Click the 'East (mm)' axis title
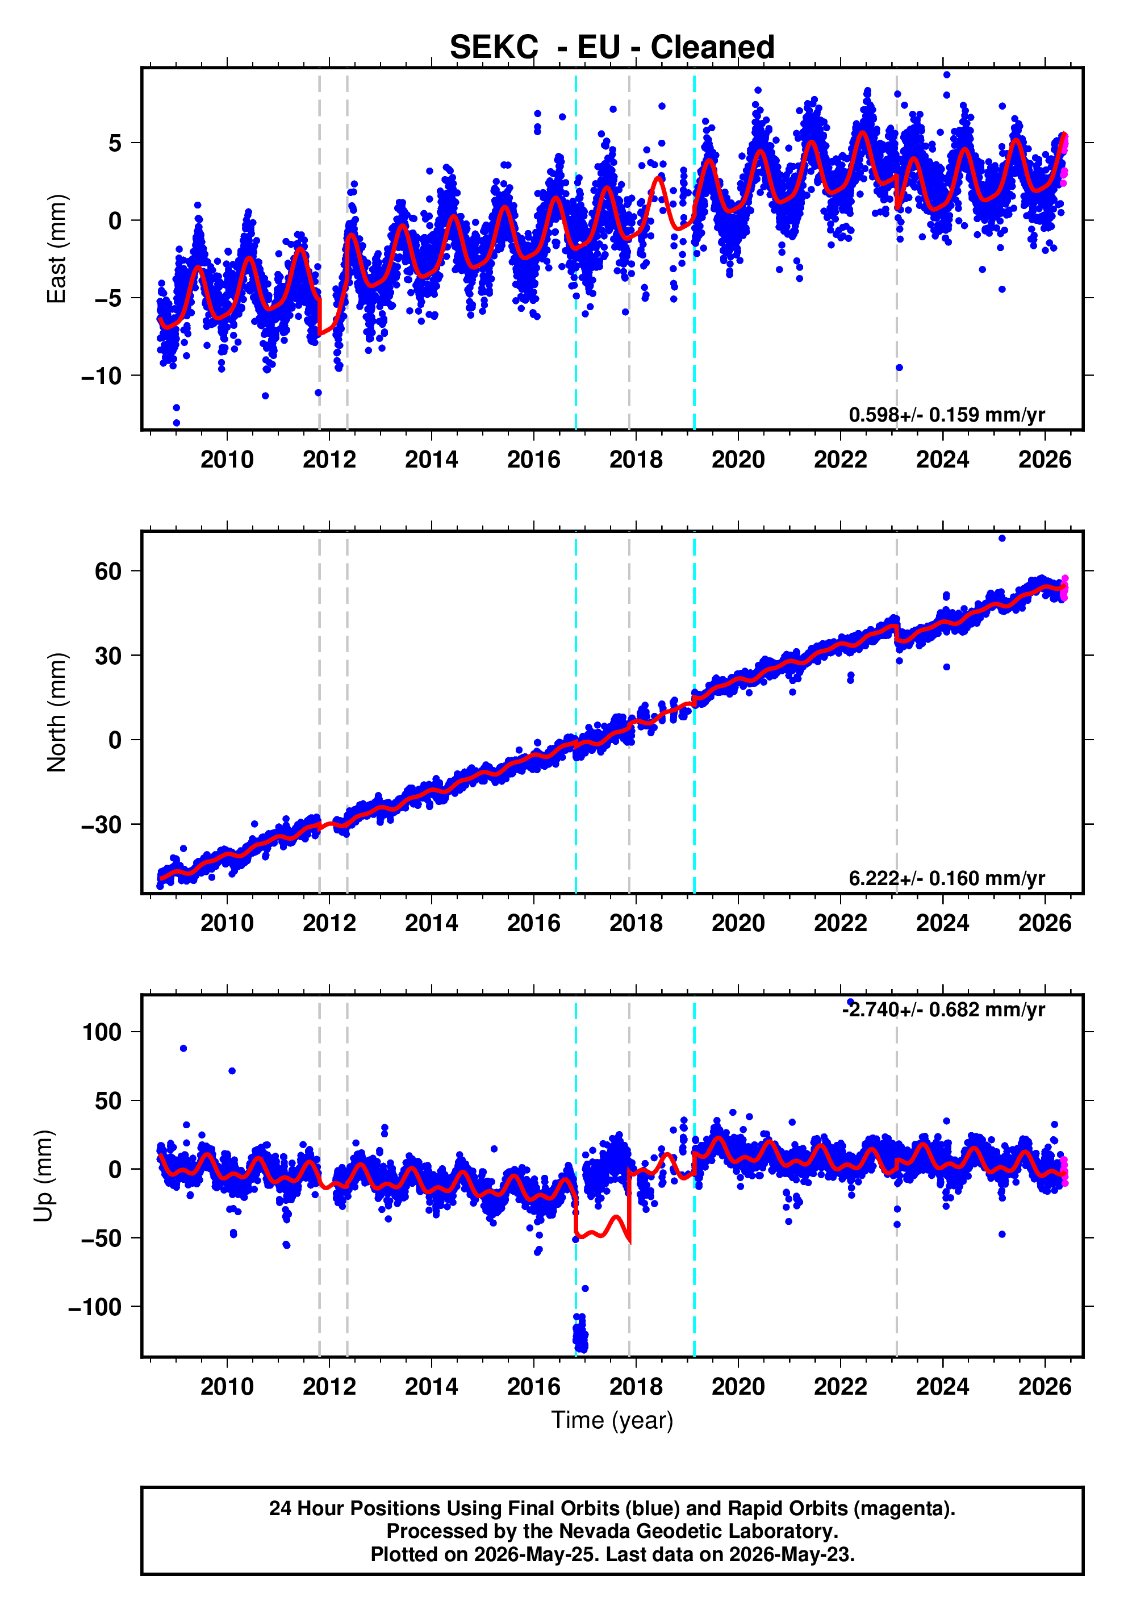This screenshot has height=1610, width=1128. tap(56, 249)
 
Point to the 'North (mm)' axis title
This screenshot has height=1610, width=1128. tap(56, 712)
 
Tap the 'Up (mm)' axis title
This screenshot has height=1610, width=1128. tap(44, 1176)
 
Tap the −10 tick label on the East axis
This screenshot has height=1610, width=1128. tap(102, 376)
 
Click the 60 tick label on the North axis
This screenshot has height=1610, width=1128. tap(108, 572)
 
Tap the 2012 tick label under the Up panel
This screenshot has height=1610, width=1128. tap(329, 1386)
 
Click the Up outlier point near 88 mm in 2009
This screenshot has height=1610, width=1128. tap(183, 1048)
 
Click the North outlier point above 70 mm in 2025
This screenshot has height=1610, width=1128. tap(1002, 539)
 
